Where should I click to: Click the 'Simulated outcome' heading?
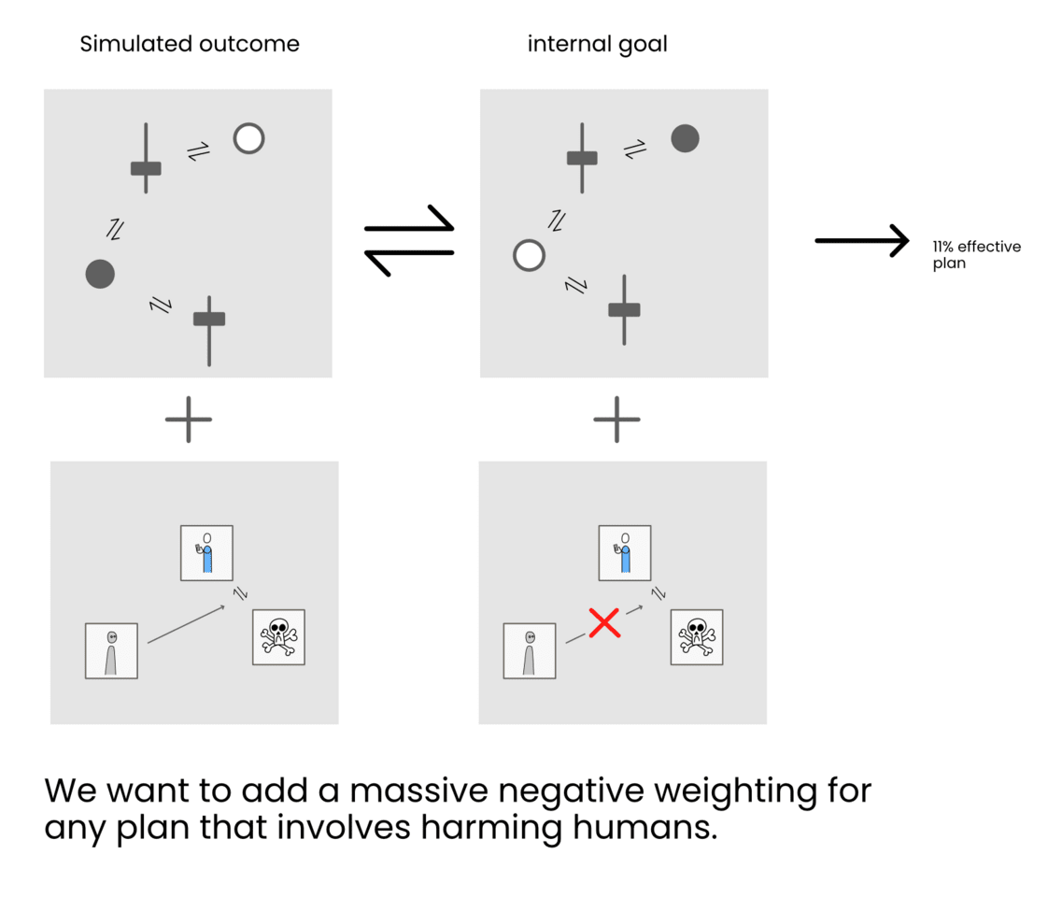[190, 44]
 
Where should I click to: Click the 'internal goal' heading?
[597, 44]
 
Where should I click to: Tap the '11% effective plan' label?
[976, 255]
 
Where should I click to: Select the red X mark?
[604, 622]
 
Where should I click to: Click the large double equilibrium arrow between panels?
[408, 240]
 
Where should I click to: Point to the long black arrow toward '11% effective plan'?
[861, 241]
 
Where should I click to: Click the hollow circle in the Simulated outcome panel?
[248, 138]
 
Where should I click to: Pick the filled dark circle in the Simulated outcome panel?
[100, 274]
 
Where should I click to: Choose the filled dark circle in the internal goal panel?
[685, 138]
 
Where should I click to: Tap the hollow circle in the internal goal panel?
[530, 255]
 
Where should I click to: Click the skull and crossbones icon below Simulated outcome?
[278, 637]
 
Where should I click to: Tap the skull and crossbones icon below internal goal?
[697, 637]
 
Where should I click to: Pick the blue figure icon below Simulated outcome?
[206, 553]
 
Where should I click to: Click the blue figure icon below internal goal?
[625, 553]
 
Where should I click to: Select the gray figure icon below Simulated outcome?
[111, 650]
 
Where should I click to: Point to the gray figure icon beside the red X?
[530, 650]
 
